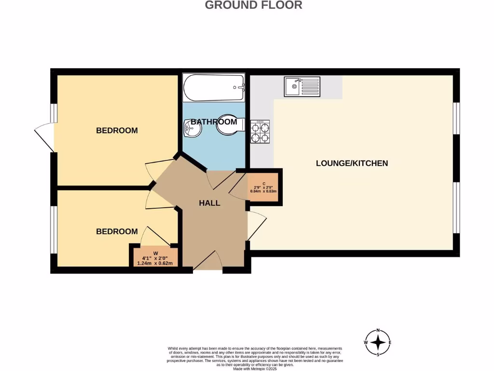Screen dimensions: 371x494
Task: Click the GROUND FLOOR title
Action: click(x=254, y=5)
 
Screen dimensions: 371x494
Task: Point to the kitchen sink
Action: click(x=302, y=87)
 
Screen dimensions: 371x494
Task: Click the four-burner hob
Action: click(x=260, y=131)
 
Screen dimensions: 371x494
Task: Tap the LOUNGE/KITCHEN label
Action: click(x=352, y=163)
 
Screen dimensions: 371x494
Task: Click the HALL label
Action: click(x=209, y=203)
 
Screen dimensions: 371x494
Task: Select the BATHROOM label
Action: click(x=214, y=122)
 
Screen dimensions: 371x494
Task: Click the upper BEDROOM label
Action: click(x=117, y=130)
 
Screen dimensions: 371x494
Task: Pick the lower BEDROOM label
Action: click(x=117, y=232)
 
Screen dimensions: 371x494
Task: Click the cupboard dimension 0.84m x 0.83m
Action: click(x=263, y=191)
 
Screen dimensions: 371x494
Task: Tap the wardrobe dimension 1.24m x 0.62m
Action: click(x=156, y=263)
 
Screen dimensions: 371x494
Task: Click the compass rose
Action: click(x=379, y=343)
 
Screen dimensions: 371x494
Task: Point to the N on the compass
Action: click(x=379, y=330)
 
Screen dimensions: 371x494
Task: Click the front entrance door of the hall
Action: click(x=208, y=263)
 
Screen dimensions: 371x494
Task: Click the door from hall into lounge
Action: click(x=256, y=226)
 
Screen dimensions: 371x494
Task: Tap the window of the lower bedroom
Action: click(x=54, y=229)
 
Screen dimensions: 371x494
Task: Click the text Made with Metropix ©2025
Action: click(x=255, y=369)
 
